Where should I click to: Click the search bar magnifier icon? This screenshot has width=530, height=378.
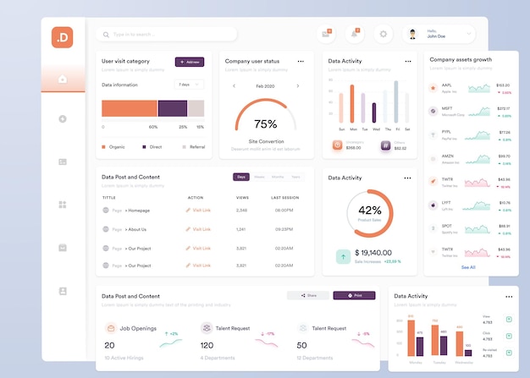click(x=106, y=35)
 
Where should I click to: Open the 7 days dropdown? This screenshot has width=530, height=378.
click(x=189, y=85)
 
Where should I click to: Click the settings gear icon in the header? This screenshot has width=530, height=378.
click(x=384, y=35)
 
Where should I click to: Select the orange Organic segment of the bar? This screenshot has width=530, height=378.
click(x=129, y=108)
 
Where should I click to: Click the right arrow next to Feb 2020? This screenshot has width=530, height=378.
click(x=298, y=85)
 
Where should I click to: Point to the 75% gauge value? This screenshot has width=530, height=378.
click(x=266, y=123)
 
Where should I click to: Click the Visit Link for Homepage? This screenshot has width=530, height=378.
click(x=199, y=210)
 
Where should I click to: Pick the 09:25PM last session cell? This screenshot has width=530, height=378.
click(x=284, y=229)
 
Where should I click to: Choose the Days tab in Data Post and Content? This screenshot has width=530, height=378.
click(x=241, y=177)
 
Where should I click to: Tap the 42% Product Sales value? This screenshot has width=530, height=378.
click(x=369, y=210)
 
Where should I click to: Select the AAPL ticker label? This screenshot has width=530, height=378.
click(x=446, y=85)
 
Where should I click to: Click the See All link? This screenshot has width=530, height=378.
click(x=468, y=266)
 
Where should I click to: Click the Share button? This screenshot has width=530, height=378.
click(x=308, y=296)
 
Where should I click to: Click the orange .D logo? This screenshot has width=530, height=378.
click(x=63, y=38)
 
